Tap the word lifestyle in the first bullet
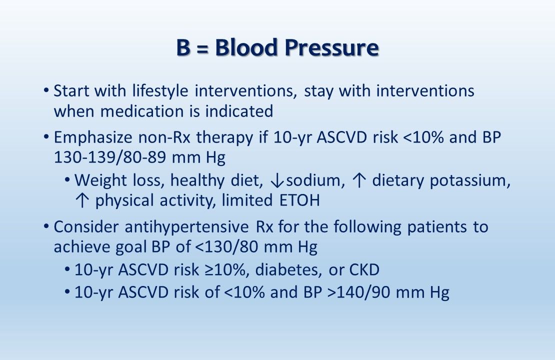pos(160,91)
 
